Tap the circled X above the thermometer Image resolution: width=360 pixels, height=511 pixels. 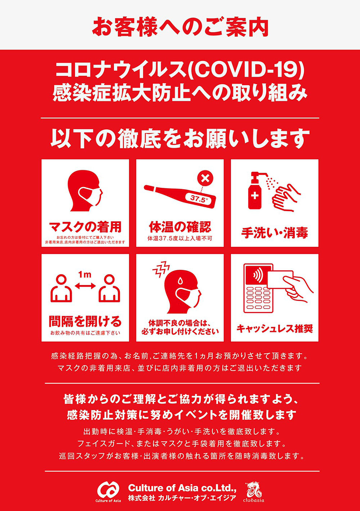206,178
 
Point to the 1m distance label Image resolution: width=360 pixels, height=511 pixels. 85,274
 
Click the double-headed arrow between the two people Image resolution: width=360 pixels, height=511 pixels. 85,286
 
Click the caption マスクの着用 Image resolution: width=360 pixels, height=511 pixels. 85,227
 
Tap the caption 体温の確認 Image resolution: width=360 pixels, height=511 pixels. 180,227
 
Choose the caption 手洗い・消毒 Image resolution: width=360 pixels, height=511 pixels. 275,233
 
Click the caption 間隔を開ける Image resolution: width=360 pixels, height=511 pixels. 85,322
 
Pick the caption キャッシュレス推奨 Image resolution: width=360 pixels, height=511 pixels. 275,329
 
